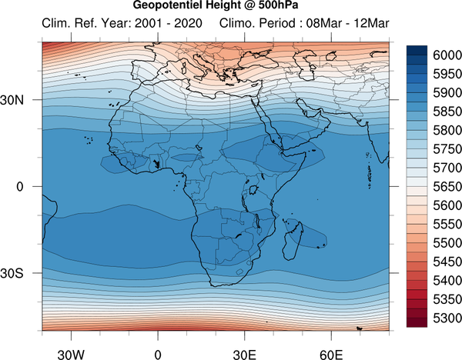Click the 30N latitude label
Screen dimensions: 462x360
coord(12,100)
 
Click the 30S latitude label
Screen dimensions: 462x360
coord(12,273)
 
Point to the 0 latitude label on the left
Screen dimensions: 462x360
coord(20,187)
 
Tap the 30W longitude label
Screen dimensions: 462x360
coord(71,355)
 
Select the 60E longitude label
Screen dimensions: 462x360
coord(331,355)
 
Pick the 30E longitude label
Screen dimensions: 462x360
coord(245,355)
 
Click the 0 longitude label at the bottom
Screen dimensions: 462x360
coord(158,355)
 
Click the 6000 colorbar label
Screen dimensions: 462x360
coord(447,55)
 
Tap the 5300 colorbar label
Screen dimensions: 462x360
coord(447,318)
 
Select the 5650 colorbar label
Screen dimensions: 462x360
coord(447,187)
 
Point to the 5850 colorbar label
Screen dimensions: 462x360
coord(447,112)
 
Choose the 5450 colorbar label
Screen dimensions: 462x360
coord(447,262)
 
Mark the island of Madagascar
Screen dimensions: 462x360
coord(293,242)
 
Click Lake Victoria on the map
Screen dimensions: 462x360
coord(253,190)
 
